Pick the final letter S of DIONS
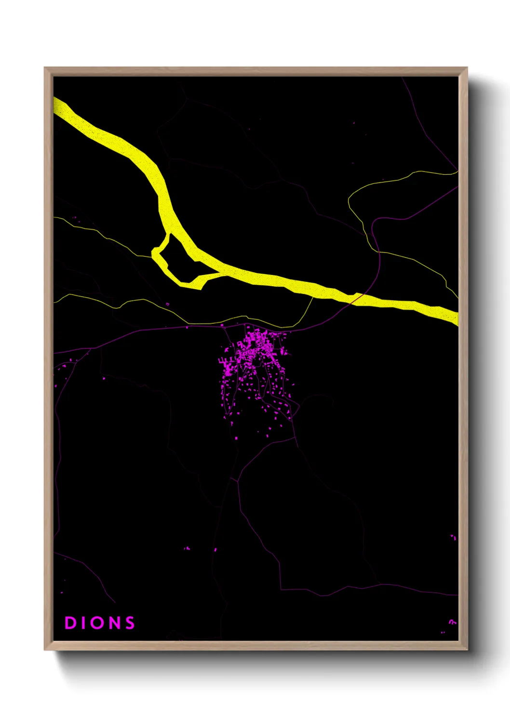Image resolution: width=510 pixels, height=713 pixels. [x=130, y=623]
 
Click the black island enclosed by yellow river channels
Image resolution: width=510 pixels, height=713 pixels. [x=181, y=260]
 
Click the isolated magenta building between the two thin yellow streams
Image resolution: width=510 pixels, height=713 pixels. [x=167, y=304]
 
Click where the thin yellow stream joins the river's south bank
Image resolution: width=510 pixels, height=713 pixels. [x=312, y=297]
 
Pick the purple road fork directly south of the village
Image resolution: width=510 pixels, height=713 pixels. [x=237, y=479]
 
